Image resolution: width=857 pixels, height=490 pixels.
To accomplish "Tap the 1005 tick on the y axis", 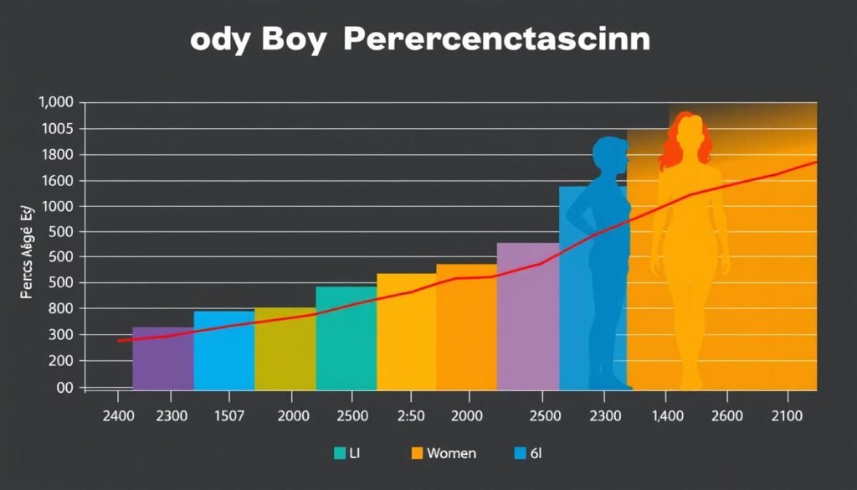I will click(x=56, y=129).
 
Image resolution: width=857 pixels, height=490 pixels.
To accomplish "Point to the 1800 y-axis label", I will click(x=56, y=155).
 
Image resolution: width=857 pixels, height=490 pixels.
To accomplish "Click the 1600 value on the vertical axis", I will click(x=56, y=181).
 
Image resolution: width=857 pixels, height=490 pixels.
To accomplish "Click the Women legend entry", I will click(x=450, y=453).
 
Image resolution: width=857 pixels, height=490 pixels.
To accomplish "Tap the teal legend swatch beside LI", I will click(x=340, y=453).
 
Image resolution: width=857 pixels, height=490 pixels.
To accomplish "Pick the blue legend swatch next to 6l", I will click(x=521, y=453).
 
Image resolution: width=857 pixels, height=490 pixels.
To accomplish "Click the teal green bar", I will click(x=346, y=339).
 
